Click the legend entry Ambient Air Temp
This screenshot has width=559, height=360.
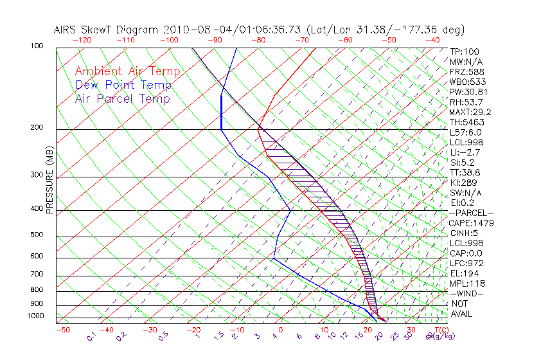tap(128, 71)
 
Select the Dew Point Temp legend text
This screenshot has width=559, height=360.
tap(123, 85)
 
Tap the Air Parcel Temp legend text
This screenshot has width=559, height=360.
tap(123, 98)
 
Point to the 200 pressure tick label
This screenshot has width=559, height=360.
tap(37, 128)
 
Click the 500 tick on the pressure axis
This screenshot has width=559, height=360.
tap(37, 235)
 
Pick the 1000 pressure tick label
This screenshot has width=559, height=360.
tap(35, 316)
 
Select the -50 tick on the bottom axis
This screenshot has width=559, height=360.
tap(62, 330)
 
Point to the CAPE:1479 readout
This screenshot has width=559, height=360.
tap(470, 223)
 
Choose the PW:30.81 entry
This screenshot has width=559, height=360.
tap(468, 92)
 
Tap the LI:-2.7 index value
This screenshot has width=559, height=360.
tap(465, 152)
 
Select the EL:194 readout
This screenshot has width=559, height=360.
tap(465, 273)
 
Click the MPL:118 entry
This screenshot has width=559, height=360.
tap(466, 283)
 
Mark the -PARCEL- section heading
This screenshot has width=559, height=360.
tap(471, 213)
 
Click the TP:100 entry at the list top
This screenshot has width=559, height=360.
tap(464, 51)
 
